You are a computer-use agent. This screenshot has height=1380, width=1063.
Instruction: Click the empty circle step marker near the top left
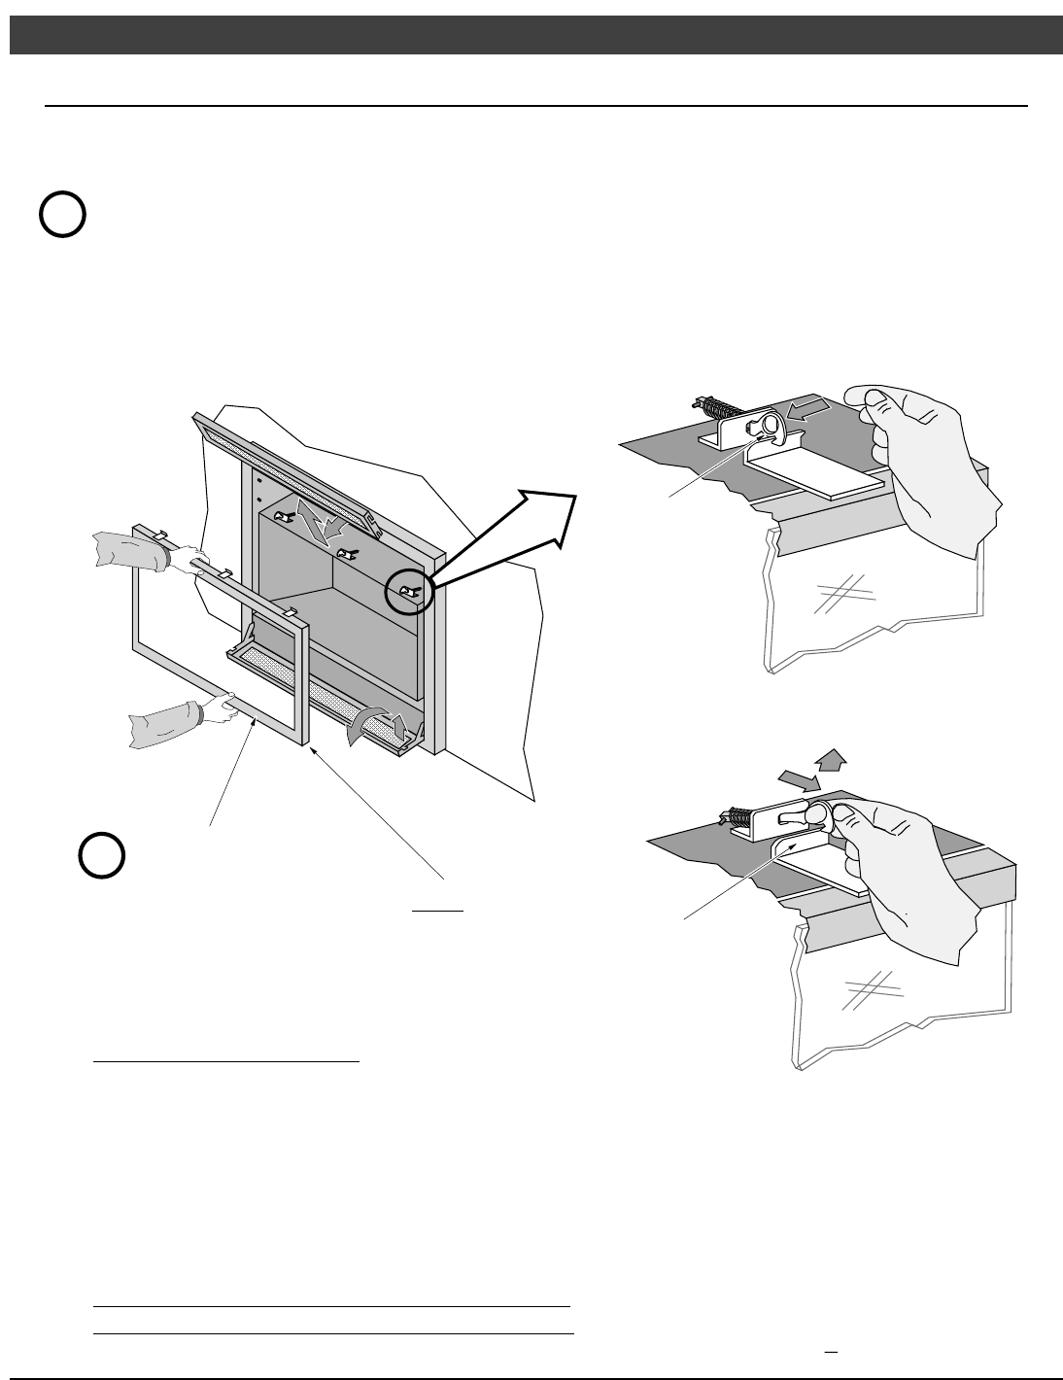tap(63, 215)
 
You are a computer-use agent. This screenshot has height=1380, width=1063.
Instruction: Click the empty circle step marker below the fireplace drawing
tap(101, 855)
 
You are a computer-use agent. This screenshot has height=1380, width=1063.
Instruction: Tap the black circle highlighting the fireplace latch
tap(408, 590)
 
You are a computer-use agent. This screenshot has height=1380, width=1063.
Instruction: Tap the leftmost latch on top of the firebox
tap(284, 516)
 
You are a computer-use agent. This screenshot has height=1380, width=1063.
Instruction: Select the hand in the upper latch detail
tap(928, 466)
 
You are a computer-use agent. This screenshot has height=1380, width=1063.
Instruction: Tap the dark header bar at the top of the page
tap(531, 34)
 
